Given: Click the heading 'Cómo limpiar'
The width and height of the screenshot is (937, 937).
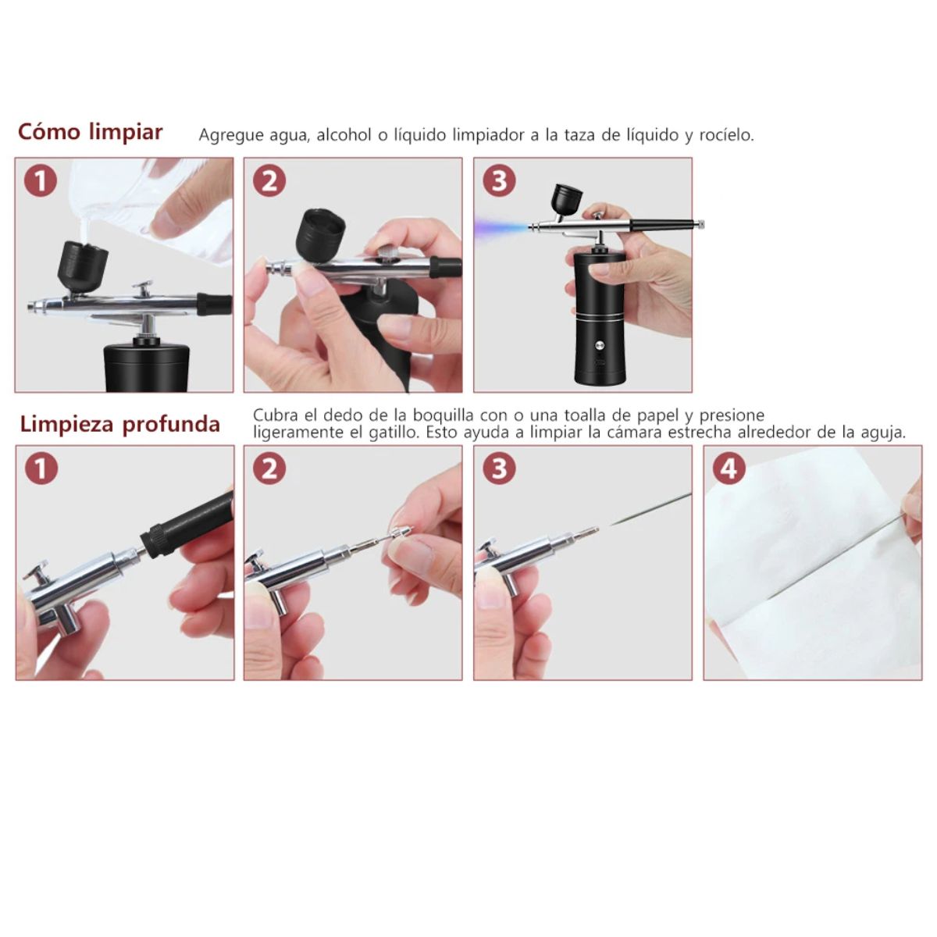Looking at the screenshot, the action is tap(91, 132).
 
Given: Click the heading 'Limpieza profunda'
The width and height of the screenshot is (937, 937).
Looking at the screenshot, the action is tap(120, 424).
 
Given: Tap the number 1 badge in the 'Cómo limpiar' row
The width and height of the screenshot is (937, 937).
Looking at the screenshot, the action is tap(41, 181).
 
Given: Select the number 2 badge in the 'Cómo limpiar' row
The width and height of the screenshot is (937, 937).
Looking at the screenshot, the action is tap(269, 181).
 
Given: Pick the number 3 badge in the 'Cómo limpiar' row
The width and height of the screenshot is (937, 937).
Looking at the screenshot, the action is tap(500, 181).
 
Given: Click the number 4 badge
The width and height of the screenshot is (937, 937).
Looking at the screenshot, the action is tap(729, 468).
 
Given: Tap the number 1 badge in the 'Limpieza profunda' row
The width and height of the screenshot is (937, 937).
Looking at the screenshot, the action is tap(41, 468).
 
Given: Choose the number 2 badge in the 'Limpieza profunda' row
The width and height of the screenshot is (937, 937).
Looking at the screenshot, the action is tap(270, 468).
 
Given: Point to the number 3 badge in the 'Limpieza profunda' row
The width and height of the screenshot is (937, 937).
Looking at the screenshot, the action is tap(500, 468).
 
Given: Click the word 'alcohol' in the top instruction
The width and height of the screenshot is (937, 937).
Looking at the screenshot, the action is tap(344, 134).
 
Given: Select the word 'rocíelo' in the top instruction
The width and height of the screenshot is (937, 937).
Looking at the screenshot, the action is tap(726, 134).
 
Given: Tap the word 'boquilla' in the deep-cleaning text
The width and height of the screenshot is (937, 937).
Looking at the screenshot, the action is tap(443, 415).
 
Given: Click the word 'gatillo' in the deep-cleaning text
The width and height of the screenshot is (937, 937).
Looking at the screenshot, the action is tap(394, 433).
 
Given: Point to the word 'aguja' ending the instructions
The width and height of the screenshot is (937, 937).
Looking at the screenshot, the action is tap(886, 433).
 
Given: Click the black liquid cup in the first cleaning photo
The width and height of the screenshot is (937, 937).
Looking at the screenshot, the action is tap(82, 266).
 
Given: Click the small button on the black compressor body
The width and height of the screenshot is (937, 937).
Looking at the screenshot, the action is tap(599, 346).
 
